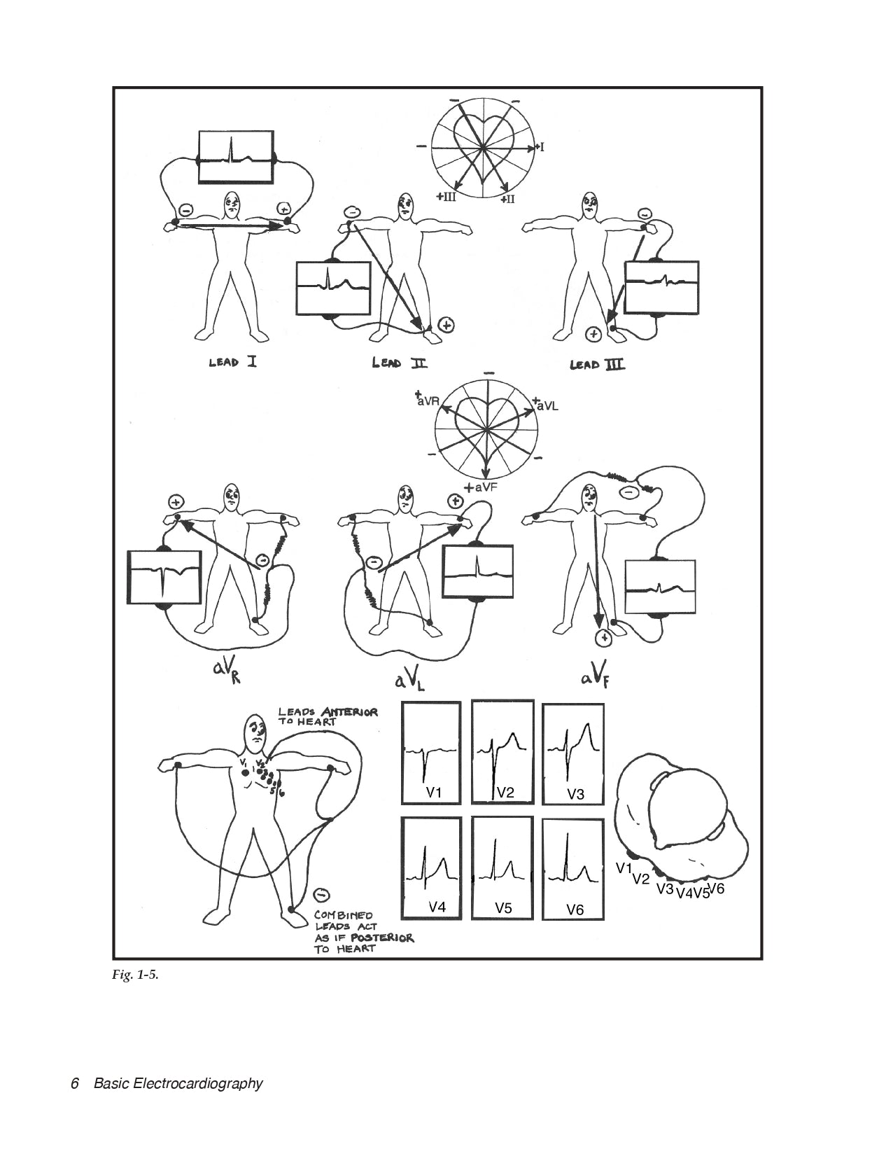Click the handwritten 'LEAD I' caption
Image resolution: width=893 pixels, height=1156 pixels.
tap(232, 363)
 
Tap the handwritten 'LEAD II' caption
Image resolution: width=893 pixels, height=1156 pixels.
tap(400, 363)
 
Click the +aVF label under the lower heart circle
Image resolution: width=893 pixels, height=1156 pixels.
tap(480, 487)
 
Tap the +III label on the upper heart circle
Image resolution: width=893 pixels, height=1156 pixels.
tap(446, 197)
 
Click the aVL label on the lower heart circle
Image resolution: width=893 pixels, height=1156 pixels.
tap(546, 406)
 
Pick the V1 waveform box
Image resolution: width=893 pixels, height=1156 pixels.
tap(431, 753)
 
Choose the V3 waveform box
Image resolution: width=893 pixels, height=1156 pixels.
tap(573, 753)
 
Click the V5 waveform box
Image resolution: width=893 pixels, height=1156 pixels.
tap(502, 868)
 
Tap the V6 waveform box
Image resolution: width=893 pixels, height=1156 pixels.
tap(573, 868)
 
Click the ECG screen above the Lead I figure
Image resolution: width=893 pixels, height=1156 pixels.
tap(235, 157)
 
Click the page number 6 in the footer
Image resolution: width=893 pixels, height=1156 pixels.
tap(75, 1084)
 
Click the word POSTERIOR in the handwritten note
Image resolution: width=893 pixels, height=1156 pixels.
tap(384, 938)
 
